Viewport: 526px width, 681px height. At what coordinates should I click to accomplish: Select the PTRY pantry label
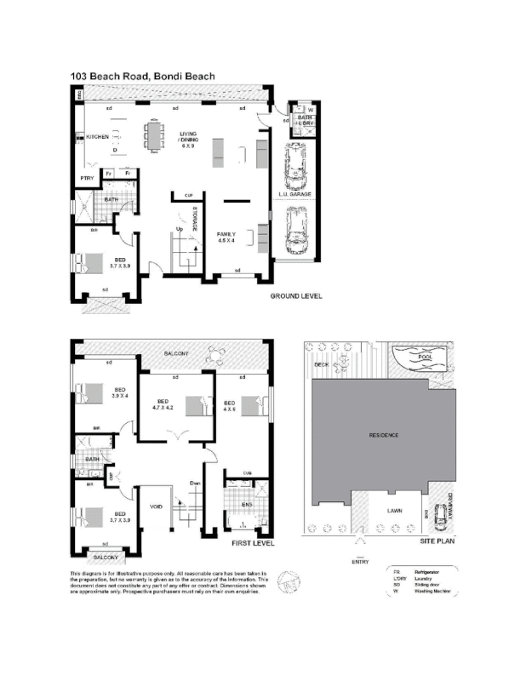point(86,178)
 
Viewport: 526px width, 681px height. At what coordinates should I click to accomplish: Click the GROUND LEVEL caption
point(295,296)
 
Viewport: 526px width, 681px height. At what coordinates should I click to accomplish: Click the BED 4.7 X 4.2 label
point(163,404)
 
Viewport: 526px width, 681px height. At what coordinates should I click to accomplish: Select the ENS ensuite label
point(246,503)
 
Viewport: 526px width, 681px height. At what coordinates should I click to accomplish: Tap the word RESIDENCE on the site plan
point(383,435)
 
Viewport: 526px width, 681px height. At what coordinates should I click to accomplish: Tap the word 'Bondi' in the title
point(169,76)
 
